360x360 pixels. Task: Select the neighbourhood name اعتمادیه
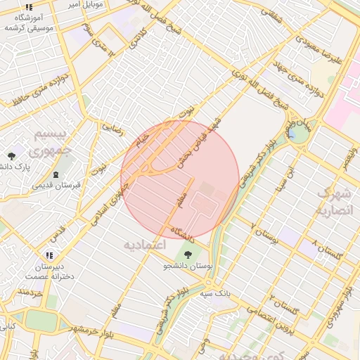[143, 245]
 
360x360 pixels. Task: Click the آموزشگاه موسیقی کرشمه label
[32, 20]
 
